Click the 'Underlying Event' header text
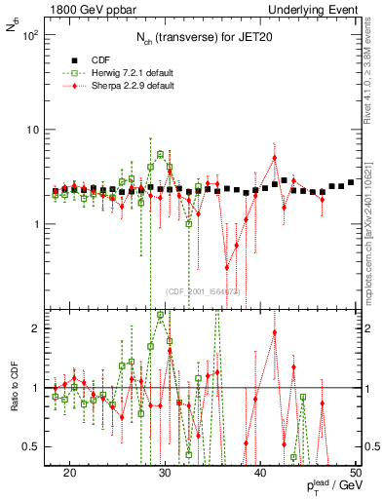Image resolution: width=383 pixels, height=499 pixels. click(x=313, y=9)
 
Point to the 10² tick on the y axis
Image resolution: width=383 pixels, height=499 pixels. click(x=32, y=36)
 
